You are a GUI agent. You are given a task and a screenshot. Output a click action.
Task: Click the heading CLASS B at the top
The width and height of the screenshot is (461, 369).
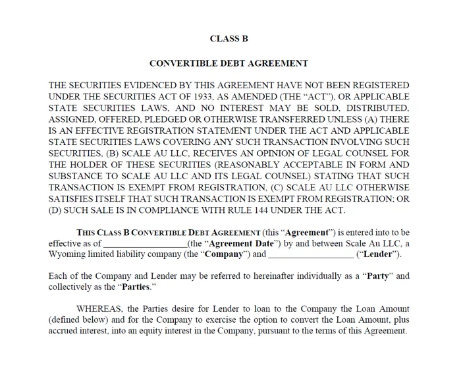(x=229, y=38)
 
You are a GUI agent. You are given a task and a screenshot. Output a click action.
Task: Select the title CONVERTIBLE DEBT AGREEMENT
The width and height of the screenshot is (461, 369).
(x=229, y=64)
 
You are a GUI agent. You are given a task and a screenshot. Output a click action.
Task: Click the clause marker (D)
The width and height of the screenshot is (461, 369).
(x=58, y=211)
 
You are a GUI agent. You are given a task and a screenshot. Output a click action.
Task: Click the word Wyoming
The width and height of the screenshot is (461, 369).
(x=69, y=254)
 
